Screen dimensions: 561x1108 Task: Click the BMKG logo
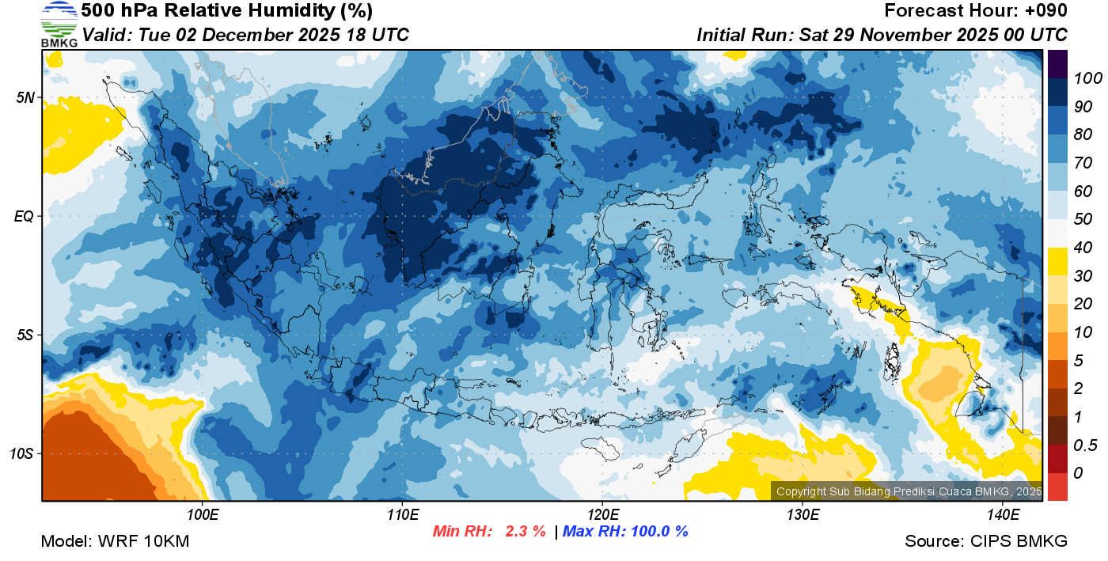pyautogui.click(x=59, y=24)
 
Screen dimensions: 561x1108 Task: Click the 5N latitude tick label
pyautogui.click(x=25, y=97)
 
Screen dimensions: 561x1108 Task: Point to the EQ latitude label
pyautogui.click(x=25, y=216)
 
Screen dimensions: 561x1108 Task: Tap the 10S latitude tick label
pyautogui.click(x=22, y=453)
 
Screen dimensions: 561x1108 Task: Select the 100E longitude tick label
pyautogui.click(x=203, y=515)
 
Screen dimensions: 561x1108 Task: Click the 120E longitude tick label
pyautogui.click(x=602, y=515)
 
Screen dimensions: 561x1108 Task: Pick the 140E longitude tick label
pyautogui.click(x=1003, y=515)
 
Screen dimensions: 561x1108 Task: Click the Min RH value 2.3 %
pyautogui.click(x=526, y=531)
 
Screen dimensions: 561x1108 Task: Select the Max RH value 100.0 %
pyautogui.click(x=657, y=531)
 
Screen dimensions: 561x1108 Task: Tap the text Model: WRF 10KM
pyautogui.click(x=115, y=541)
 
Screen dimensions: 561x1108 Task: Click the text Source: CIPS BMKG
pyautogui.click(x=986, y=541)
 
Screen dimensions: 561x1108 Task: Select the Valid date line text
pyautogui.click(x=245, y=35)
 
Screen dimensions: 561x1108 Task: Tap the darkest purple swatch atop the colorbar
pyautogui.click(x=1057, y=62)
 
